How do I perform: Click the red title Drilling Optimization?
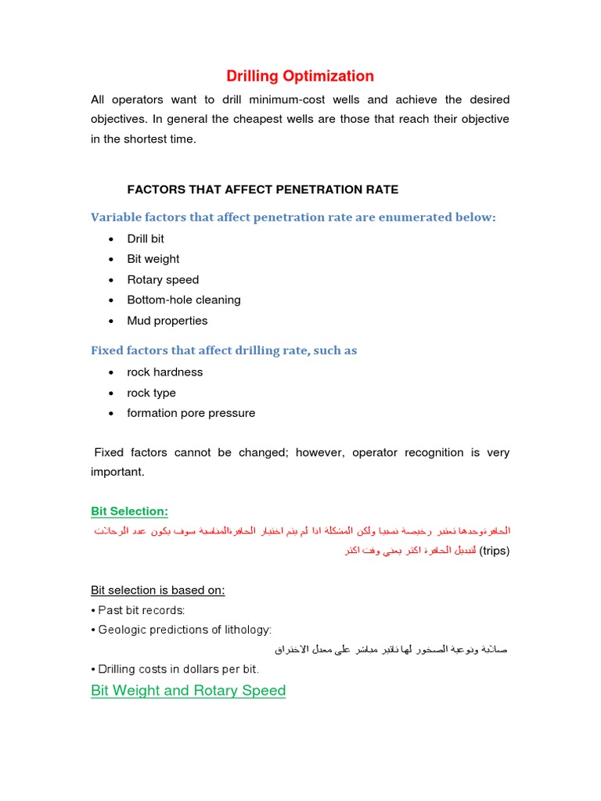click(300, 76)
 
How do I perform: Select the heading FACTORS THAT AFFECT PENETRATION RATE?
click(262, 189)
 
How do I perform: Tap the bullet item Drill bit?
click(146, 239)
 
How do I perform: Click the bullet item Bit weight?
click(153, 259)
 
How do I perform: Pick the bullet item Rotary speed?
click(163, 279)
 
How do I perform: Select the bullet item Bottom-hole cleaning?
click(184, 300)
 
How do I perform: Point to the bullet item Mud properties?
click(167, 321)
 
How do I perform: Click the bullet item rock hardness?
click(165, 372)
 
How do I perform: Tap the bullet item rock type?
click(152, 393)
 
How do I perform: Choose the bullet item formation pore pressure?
click(191, 413)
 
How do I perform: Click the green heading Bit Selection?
click(129, 511)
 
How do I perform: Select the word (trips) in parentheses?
click(494, 551)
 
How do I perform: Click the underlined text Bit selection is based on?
click(158, 590)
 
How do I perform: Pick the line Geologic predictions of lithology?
click(182, 630)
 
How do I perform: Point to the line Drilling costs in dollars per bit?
click(175, 670)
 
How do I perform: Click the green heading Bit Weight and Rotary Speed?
click(189, 691)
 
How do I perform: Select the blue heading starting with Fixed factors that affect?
click(224, 350)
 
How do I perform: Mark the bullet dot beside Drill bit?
click(111, 239)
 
